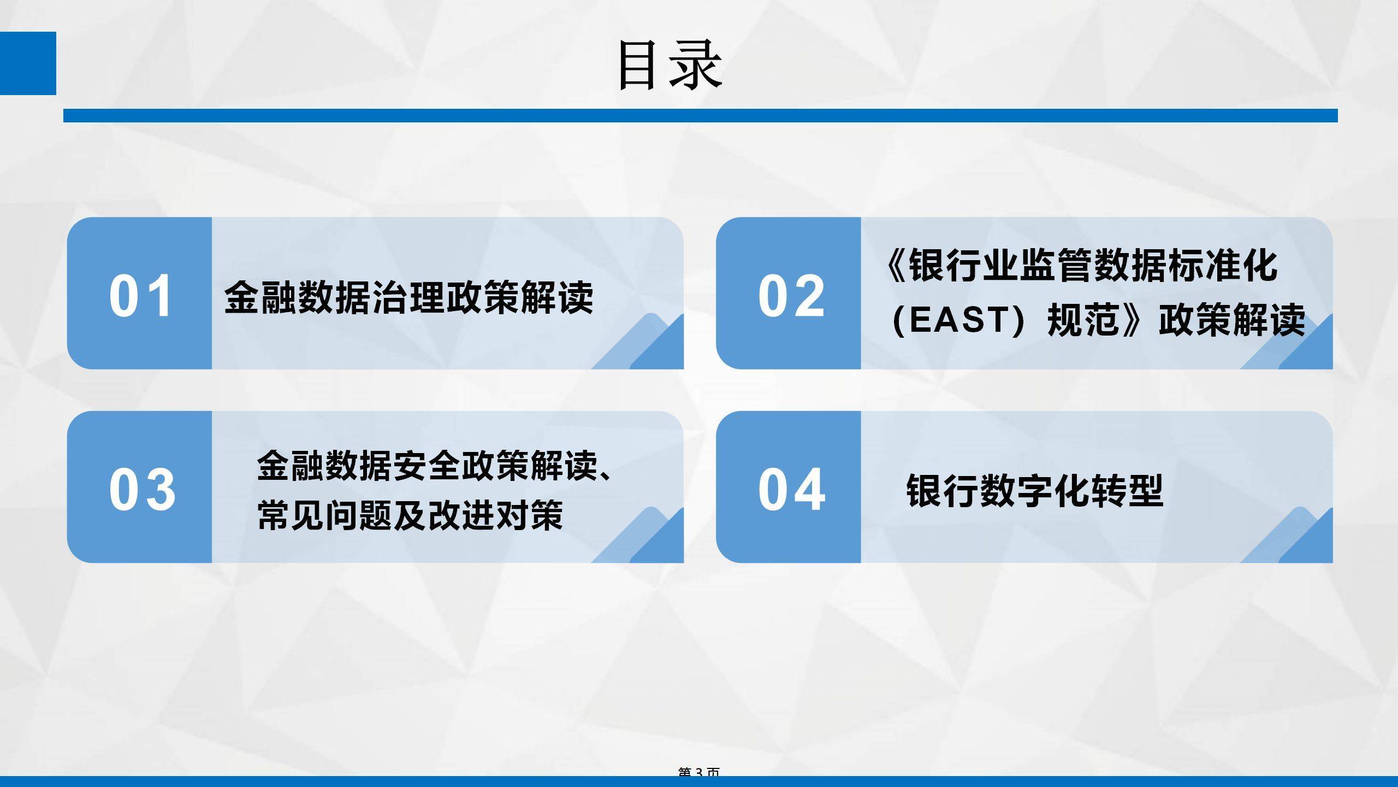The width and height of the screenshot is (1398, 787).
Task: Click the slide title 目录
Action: [x=671, y=66]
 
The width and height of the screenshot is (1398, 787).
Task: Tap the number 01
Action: [x=140, y=296]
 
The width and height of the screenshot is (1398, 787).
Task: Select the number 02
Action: [x=791, y=296]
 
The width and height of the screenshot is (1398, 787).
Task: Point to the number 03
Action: [x=142, y=489]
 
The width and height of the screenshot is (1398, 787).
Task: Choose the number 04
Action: [x=791, y=489]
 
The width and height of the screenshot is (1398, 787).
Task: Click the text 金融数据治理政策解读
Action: [x=408, y=298]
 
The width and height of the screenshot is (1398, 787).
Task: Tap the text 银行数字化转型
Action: [x=1035, y=491]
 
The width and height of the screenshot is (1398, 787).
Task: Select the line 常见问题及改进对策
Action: [x=410, y=515]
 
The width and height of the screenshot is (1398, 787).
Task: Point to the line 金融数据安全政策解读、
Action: [x=434, y=466]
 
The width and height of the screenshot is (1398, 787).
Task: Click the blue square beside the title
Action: [x=28, y=63]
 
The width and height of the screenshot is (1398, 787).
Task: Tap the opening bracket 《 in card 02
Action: [x=896, y=266]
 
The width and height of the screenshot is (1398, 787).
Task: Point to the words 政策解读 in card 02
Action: [x=1231, y=320]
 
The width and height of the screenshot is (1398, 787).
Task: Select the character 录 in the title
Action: [x=696, y=66]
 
